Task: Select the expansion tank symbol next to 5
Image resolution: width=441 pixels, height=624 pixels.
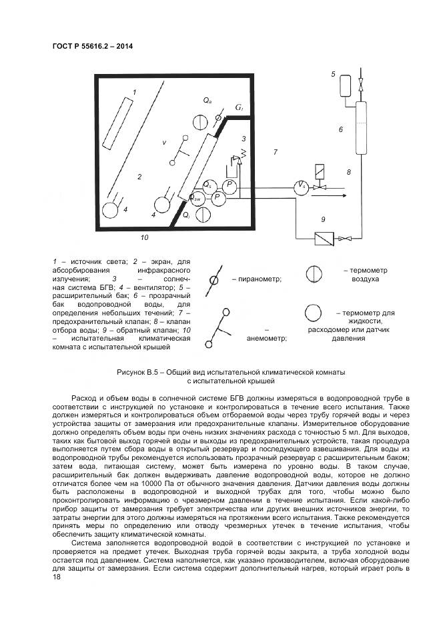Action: point(345,85)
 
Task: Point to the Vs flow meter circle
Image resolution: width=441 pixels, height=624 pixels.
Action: point(302,186)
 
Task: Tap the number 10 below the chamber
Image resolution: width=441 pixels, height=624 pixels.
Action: point(144,237)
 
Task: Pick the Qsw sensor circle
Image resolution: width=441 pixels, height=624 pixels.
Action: point(197,197)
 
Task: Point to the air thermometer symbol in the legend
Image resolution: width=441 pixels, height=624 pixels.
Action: point(314,275)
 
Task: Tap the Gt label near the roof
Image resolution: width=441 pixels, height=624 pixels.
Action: point(239,107)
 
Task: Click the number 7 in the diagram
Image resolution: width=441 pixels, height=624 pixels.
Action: point(274,153)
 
